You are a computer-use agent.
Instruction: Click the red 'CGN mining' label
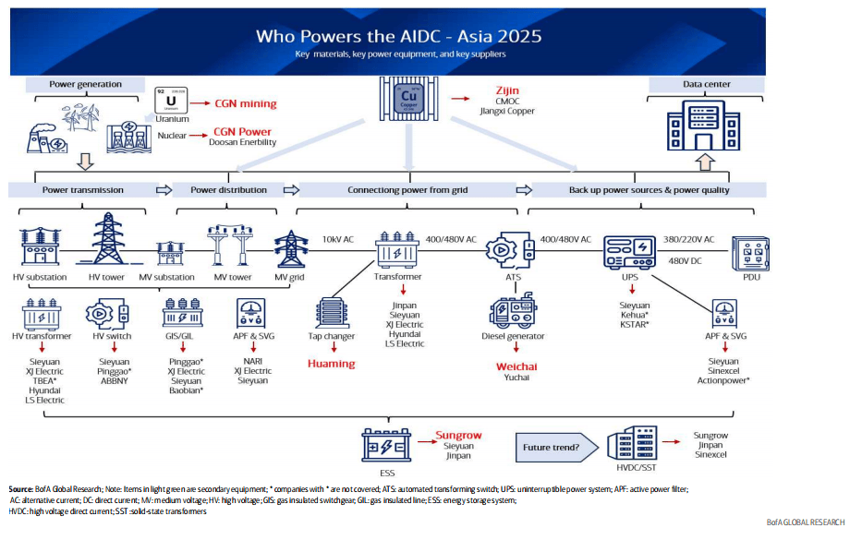[x=246, y=103]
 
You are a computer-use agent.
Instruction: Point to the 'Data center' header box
[x=707, y=84]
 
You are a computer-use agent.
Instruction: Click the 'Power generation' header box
[x=85, y=84]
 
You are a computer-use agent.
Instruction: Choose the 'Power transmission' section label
[x=83, y=190]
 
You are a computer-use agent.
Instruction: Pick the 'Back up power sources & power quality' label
[x=650, y=190]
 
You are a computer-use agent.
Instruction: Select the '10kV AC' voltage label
[x=337, y=239]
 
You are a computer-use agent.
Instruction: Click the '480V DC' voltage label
[x=684, y=260]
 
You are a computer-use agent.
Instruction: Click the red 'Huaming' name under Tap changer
[x=332, y=364]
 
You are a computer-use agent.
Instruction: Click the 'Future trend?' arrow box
[x=553, y=448]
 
